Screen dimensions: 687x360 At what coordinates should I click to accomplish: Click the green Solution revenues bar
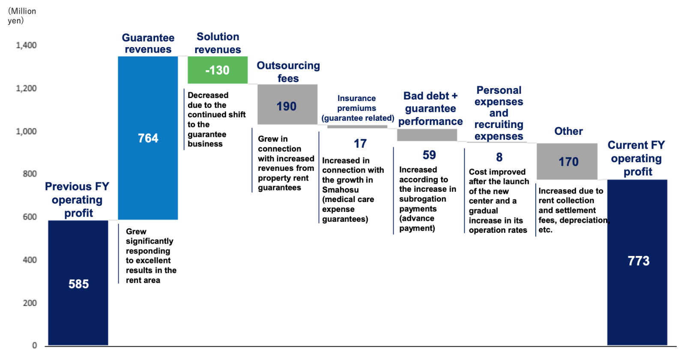pyautogui.click(x=218, y=70)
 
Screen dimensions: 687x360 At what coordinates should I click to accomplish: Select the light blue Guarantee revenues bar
pyautogui.click(x=148, y=138)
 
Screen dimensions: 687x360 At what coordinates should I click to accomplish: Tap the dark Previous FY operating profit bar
pyautogui.click(x=78, y=283)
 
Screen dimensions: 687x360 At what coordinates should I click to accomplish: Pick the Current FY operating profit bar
pyautogui.click(x=637, y=262)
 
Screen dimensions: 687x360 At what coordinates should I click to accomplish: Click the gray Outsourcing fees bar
pyautogui.click(x=287, y=104)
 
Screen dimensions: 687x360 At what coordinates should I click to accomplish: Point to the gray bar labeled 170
pyautogui.click(x=567, y=161)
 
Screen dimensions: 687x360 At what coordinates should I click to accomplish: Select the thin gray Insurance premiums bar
pyautogui.click(x=357, y=127)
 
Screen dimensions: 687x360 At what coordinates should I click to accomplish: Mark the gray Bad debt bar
pyautogui.click(x=427, y=135)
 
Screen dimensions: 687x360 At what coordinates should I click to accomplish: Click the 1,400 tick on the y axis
pyautogui.click(x=27, y=45)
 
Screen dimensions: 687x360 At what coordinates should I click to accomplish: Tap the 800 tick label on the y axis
pyautogui.click(x=30, y=174)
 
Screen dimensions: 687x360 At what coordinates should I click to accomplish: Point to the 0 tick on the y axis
pyautogui.click(x=34, y=345)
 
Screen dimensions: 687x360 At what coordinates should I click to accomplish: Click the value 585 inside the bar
pyautogui.click(x=78, y=284)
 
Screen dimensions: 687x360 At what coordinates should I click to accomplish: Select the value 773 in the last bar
pyautogui.click(x=639, y=261)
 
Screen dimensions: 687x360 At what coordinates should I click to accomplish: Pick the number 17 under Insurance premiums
pyautogui.click(x=360, y=143)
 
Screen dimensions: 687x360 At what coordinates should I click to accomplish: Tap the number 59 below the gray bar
pyautogui.click(x=429, y=155)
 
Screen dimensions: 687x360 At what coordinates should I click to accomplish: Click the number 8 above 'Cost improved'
pyautogui.click(x=499, y=157)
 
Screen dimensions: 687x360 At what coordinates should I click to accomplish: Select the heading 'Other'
pyautogui.click(x=568, y=131)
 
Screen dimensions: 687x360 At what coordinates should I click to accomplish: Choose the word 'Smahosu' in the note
pyautogui.click(x=341, y=190)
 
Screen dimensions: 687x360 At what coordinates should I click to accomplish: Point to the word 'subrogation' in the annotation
pyautogui.click(x=423, y=199)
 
